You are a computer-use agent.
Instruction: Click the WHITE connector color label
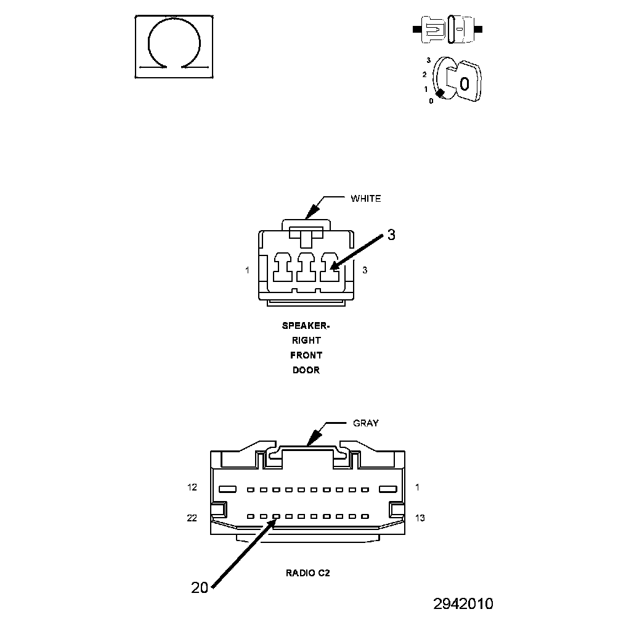(x=365, y=199)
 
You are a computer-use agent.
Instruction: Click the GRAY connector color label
(x=365, y=423)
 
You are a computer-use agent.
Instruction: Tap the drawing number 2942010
(x=463, y=603)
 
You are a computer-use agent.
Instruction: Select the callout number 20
(x=200, y=588)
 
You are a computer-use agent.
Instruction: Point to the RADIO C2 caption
(x=308, y=573)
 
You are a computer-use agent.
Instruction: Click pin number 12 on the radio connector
(x=192, y=487)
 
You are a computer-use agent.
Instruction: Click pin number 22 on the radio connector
(x=192, y=518)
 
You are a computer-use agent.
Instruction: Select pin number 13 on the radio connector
(x=420, y=518)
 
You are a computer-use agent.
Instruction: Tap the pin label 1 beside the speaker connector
(x=247, y=270)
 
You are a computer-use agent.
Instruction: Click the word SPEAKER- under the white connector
(x=306, y=325)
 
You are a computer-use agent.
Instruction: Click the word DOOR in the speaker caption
(x=306, y=370)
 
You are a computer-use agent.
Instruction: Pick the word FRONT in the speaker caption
(x=306, y=355)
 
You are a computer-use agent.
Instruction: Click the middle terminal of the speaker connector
(x=306, y=270)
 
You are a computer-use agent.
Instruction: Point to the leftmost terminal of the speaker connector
(x=283, y=270)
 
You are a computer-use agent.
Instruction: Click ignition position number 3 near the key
(x=428, y=60)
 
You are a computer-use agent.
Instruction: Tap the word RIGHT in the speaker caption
(x=306, y=340)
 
